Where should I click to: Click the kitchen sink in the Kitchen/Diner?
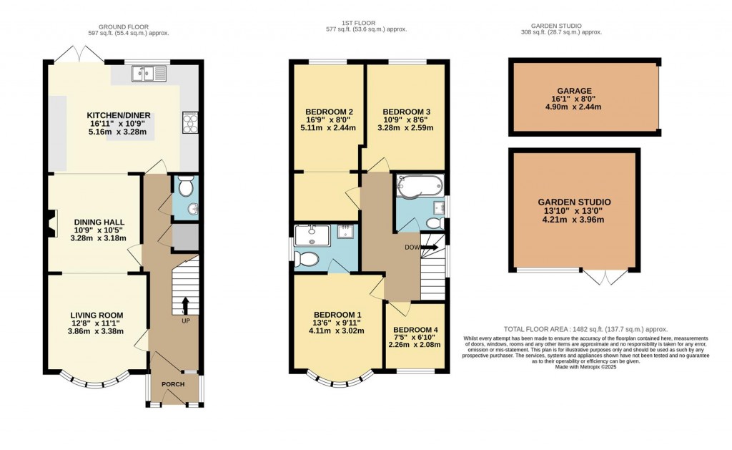pos(149,72)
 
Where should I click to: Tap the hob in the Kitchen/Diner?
pos(190,122)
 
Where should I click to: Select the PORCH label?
pos(173,385)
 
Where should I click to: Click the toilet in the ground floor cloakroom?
pos(185,187)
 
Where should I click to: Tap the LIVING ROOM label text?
pos(97,315)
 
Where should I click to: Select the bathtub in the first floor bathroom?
pos(419,187)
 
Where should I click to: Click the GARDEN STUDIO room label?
pos(575,202)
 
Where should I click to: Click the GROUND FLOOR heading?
pos(129,24)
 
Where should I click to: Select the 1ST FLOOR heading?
pos(366,24)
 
